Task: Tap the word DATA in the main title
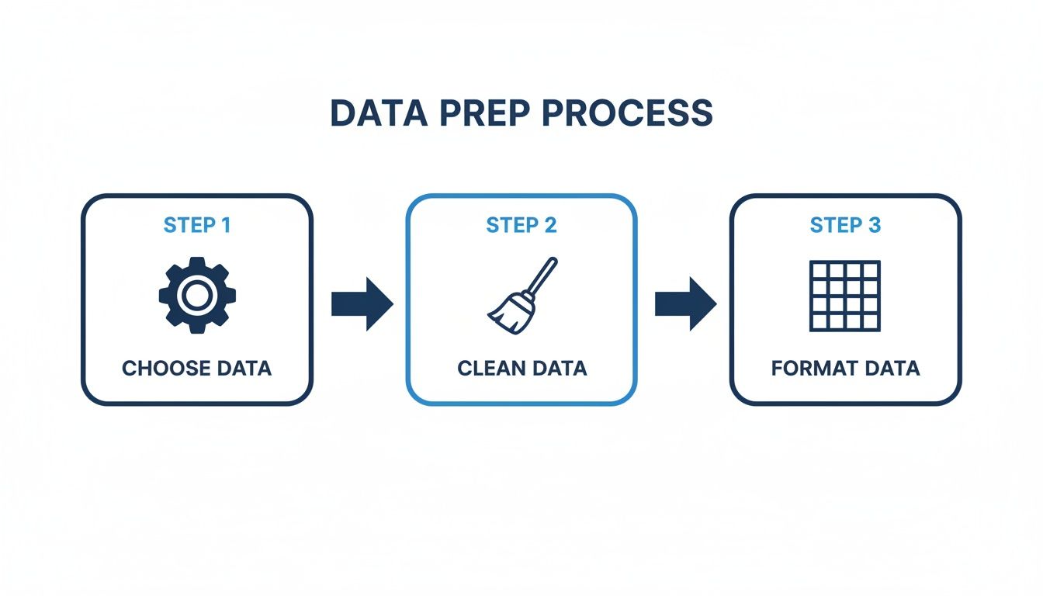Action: click(378, 113)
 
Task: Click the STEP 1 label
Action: click(197, 226)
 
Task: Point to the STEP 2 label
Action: click(521, 226)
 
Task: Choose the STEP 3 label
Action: click(845, 226)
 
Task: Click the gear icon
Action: click(197, 296)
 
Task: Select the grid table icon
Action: click(845, 296)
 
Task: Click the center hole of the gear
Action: click(197, 296)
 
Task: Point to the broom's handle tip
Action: click(553, 262)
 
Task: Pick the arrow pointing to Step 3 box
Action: click(685, 303)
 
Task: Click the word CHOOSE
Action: click(161, 368)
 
